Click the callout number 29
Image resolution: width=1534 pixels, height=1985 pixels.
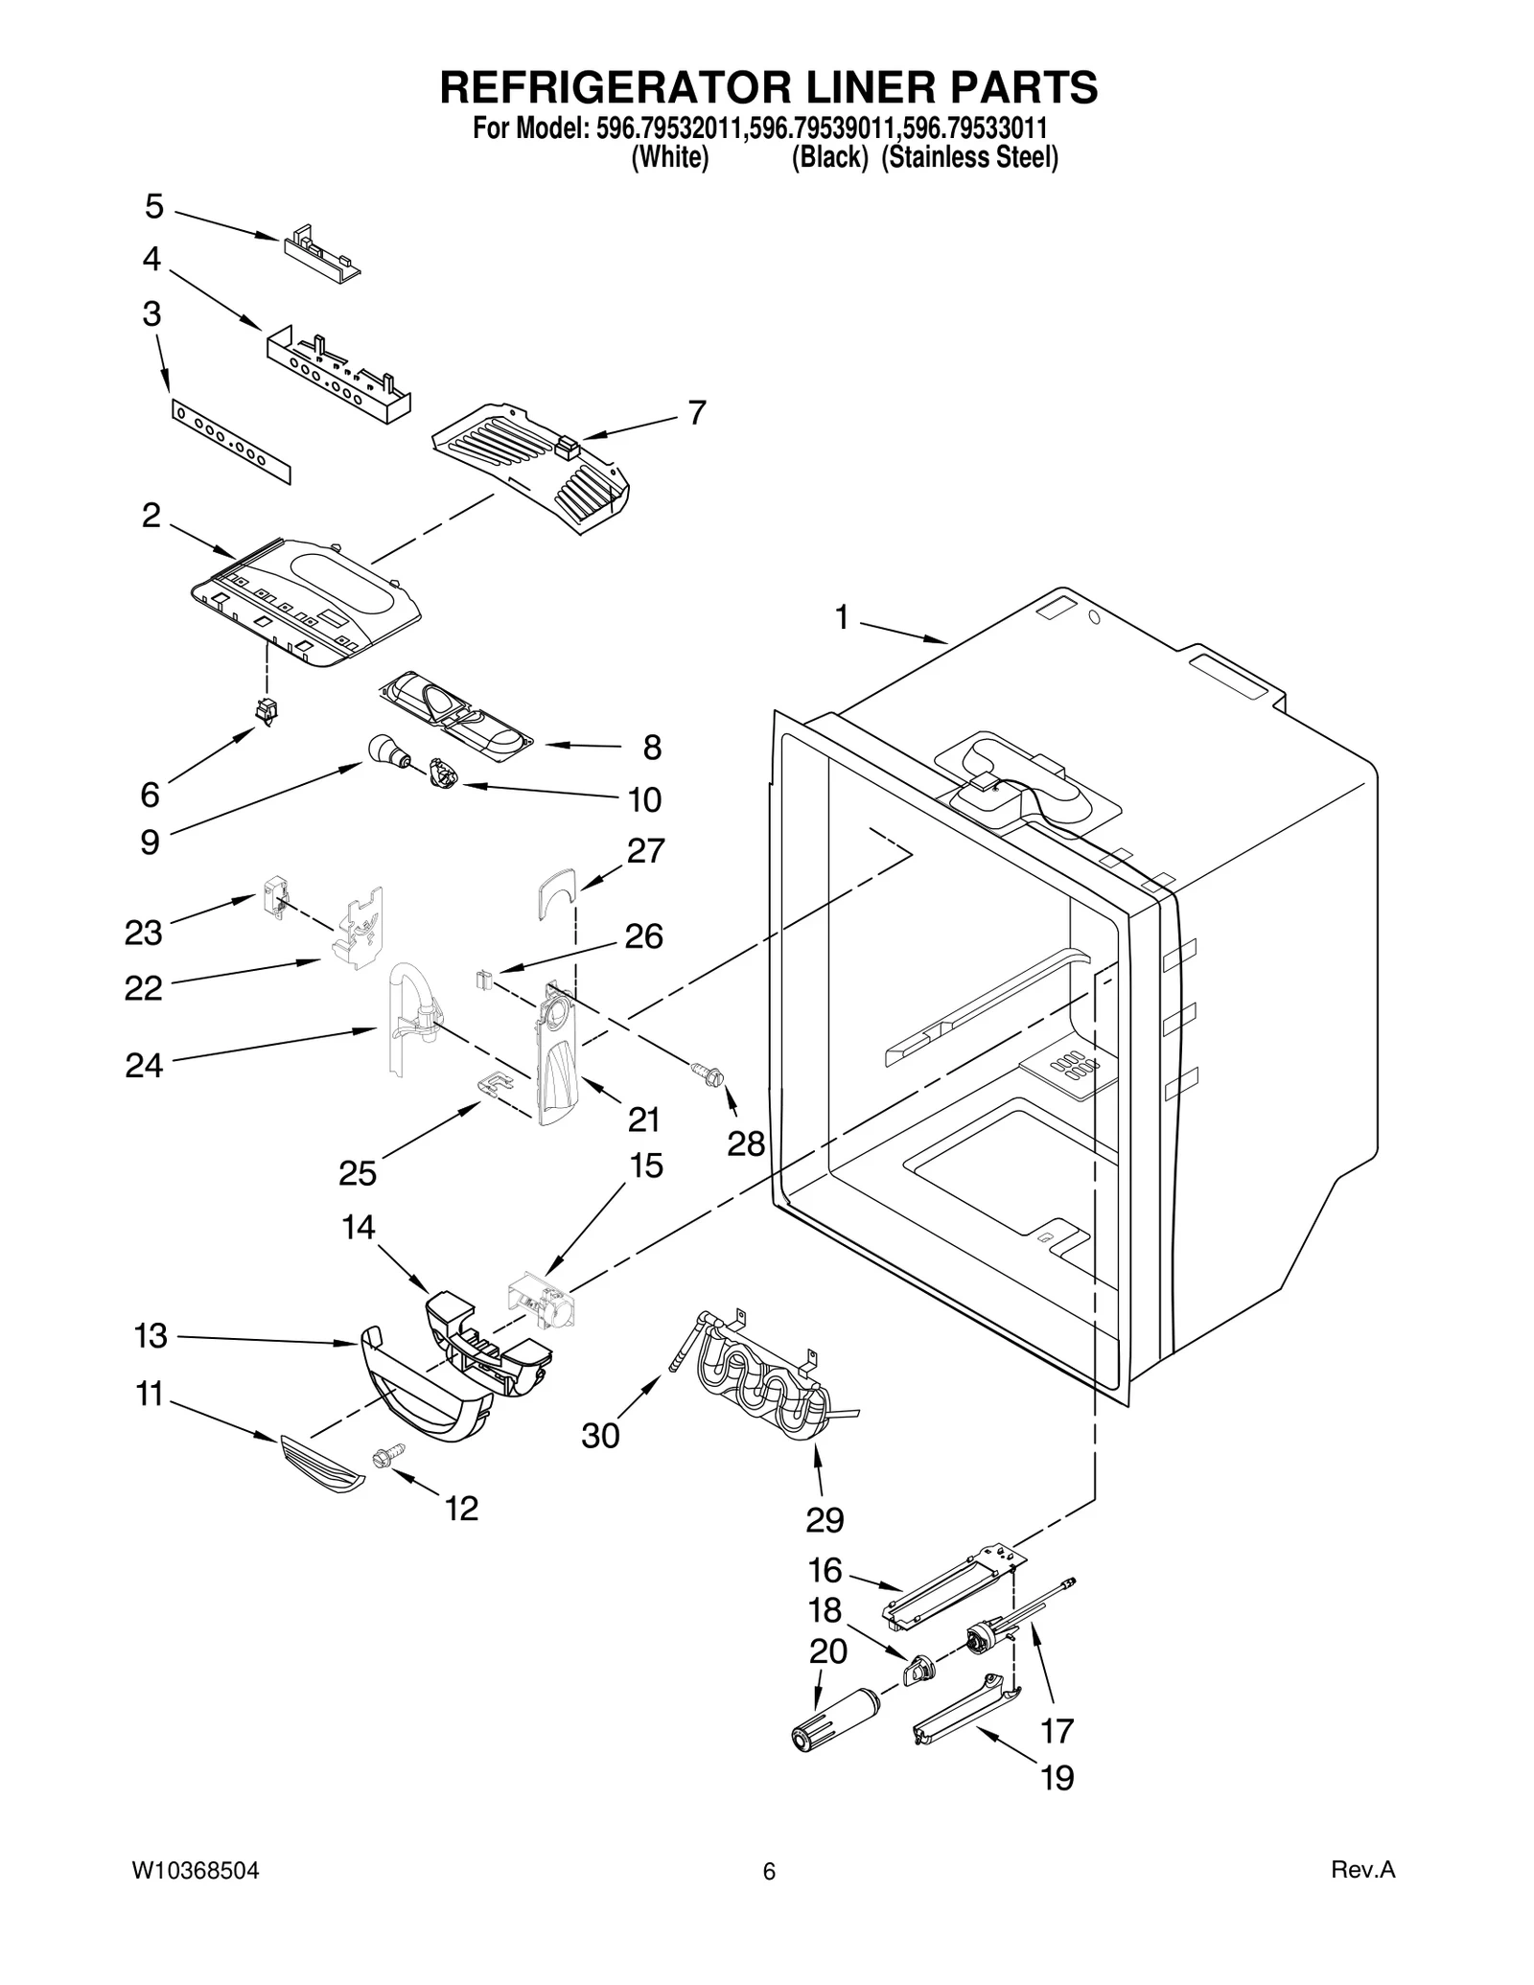(x=824, y=1519)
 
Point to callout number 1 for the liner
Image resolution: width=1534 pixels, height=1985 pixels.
(x=841, y=619)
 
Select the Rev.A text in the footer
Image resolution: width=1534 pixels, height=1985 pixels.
(x=1362, y=1870)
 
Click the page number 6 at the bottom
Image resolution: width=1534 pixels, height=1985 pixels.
(x=768, y=1872)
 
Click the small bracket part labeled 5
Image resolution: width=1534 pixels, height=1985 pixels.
(x=321, y=252)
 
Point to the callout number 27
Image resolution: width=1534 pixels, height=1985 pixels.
(x=645, y=850)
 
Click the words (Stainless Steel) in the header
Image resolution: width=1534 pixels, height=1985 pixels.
(x=969, y=158)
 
